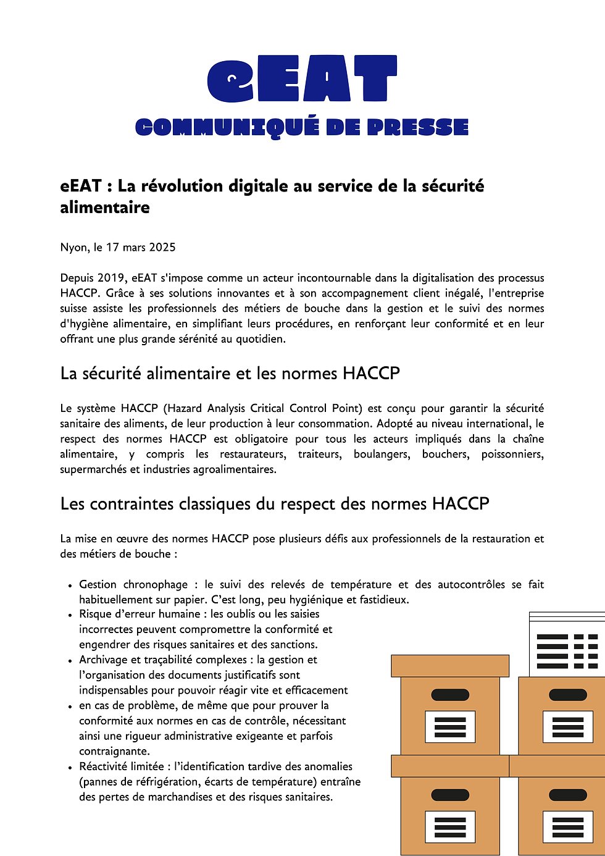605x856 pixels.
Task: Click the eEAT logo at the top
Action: [x=302, y=78]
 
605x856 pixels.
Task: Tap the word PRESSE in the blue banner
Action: [x=417, y=127]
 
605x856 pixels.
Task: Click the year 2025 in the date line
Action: [x=162, y=248]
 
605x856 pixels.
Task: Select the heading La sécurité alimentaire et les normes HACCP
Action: [x=230, y=374]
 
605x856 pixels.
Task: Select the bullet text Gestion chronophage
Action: [x=133, y=584]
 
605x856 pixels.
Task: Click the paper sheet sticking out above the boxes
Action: [x=567, y=645]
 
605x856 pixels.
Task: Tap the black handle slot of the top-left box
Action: [x=450, y=695]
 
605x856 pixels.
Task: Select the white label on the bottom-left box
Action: [x=450, y=826]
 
